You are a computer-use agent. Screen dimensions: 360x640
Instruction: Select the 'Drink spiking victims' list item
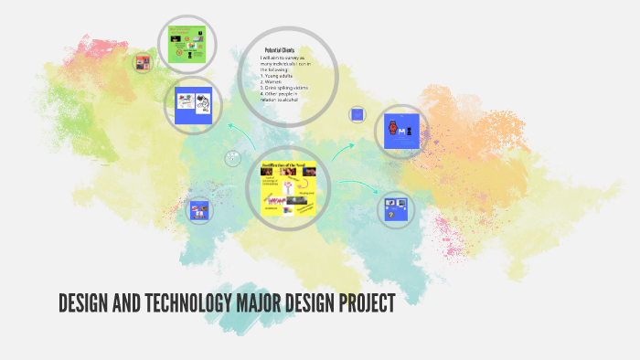(286, 87)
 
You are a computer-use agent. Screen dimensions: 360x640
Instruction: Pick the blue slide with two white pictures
(194, 103)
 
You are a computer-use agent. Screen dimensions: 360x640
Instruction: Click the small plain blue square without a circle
(357, 115)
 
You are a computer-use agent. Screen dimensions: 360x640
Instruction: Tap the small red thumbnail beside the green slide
(143, 63)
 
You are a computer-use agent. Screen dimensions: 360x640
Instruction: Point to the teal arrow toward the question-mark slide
(358, 186)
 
